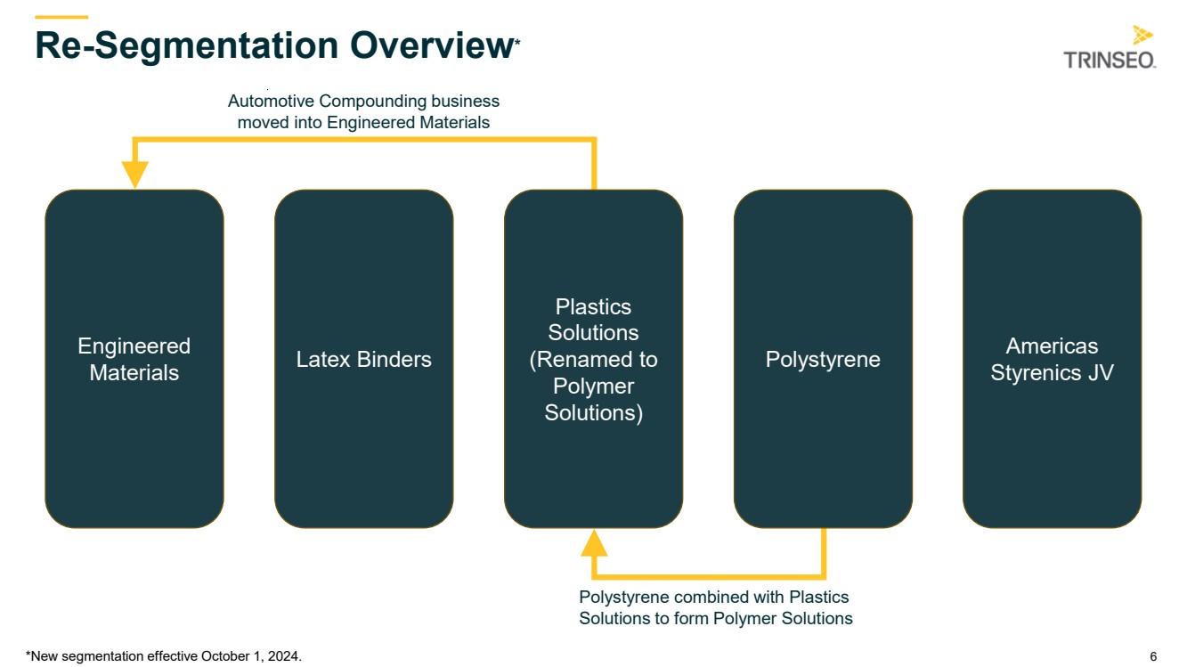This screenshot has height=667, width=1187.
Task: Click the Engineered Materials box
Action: pyautogui.click(x=134, y=359)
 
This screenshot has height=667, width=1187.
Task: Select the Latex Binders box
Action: pyautogui.click(x=363, y=359)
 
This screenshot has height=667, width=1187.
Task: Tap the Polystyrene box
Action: pyautogui.click(x=823, y=359)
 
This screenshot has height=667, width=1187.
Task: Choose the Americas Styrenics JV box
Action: pyautogui.click(x=1052, y=359)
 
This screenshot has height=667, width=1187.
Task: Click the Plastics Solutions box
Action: pyautogui.click(x=593, y=359)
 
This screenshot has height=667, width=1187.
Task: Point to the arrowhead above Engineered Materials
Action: pyautogui.click(x=134, y=175)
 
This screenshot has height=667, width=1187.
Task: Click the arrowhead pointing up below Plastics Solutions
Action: pyautogui.click(x=594, y=543)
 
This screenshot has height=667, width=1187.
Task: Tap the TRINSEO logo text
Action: pyautogui.click(x=1110, y=61)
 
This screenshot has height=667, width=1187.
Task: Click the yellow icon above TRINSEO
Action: pyautogui.click(x=1142, y=35)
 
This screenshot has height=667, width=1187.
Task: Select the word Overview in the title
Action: pyautogui.click(x=431, y=45)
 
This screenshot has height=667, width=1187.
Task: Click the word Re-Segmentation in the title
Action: pyautogui.click(x=186, y=46)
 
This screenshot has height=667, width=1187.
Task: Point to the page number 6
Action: pyautogui.click(x=1153, y=656)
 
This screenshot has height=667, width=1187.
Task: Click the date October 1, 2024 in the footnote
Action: pyautogui.click(x=250, y=656)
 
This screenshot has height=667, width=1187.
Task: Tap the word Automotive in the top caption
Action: pyautogui.click(x=271, y=101)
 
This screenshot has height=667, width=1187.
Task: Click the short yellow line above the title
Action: pyautogui.click(x=61, y=17)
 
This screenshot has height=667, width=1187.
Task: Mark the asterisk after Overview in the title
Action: pyautogui.click(x=517, y=42)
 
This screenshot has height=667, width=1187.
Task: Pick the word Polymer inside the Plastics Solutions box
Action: pyautogui.click(x=593, y=386)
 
